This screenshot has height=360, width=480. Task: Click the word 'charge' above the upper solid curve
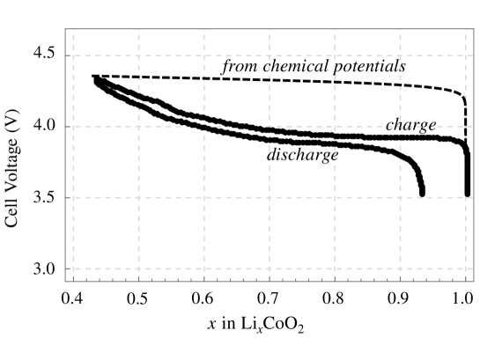[x=411, y=125]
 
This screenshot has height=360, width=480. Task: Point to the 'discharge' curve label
[x=302, y=155]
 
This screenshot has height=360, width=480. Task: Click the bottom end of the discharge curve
[x=422, y=193]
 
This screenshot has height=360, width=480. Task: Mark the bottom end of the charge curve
[x=468, y=192]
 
